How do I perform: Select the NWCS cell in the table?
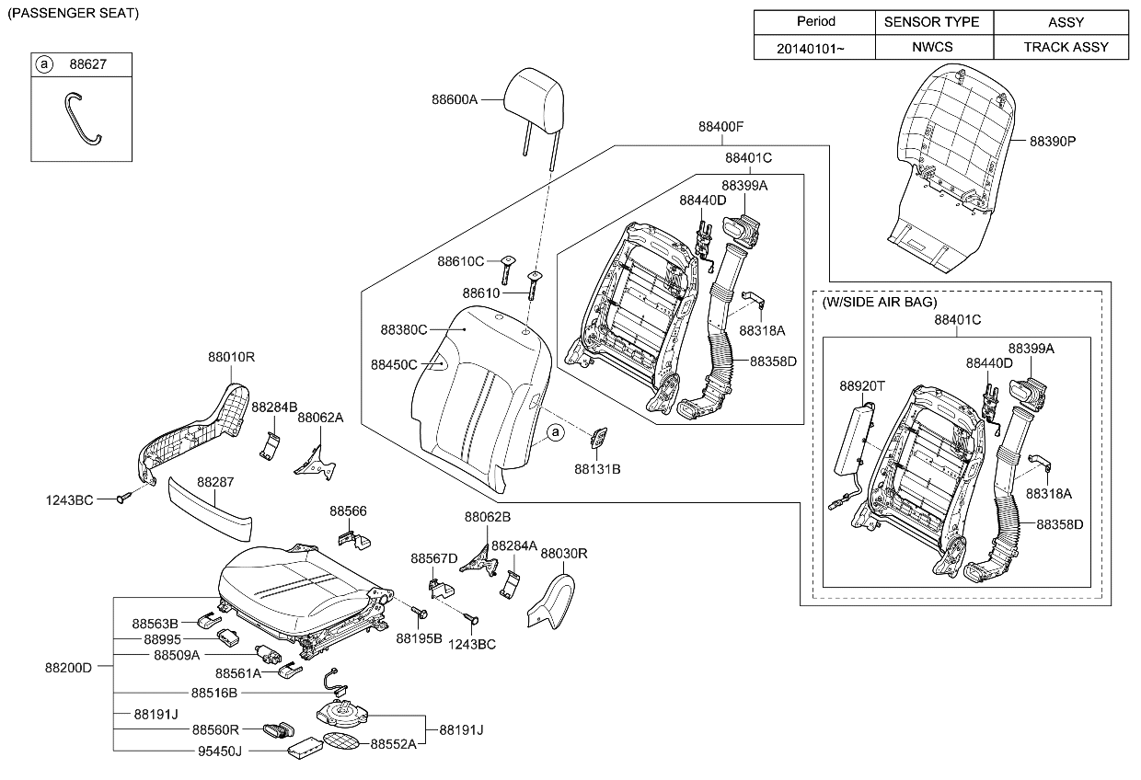(933, 47)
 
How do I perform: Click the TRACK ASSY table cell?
(1066, 47)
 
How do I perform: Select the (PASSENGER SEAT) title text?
(73, 14)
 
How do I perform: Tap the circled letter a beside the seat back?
(555, 431)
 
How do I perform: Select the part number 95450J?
(220, 751)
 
